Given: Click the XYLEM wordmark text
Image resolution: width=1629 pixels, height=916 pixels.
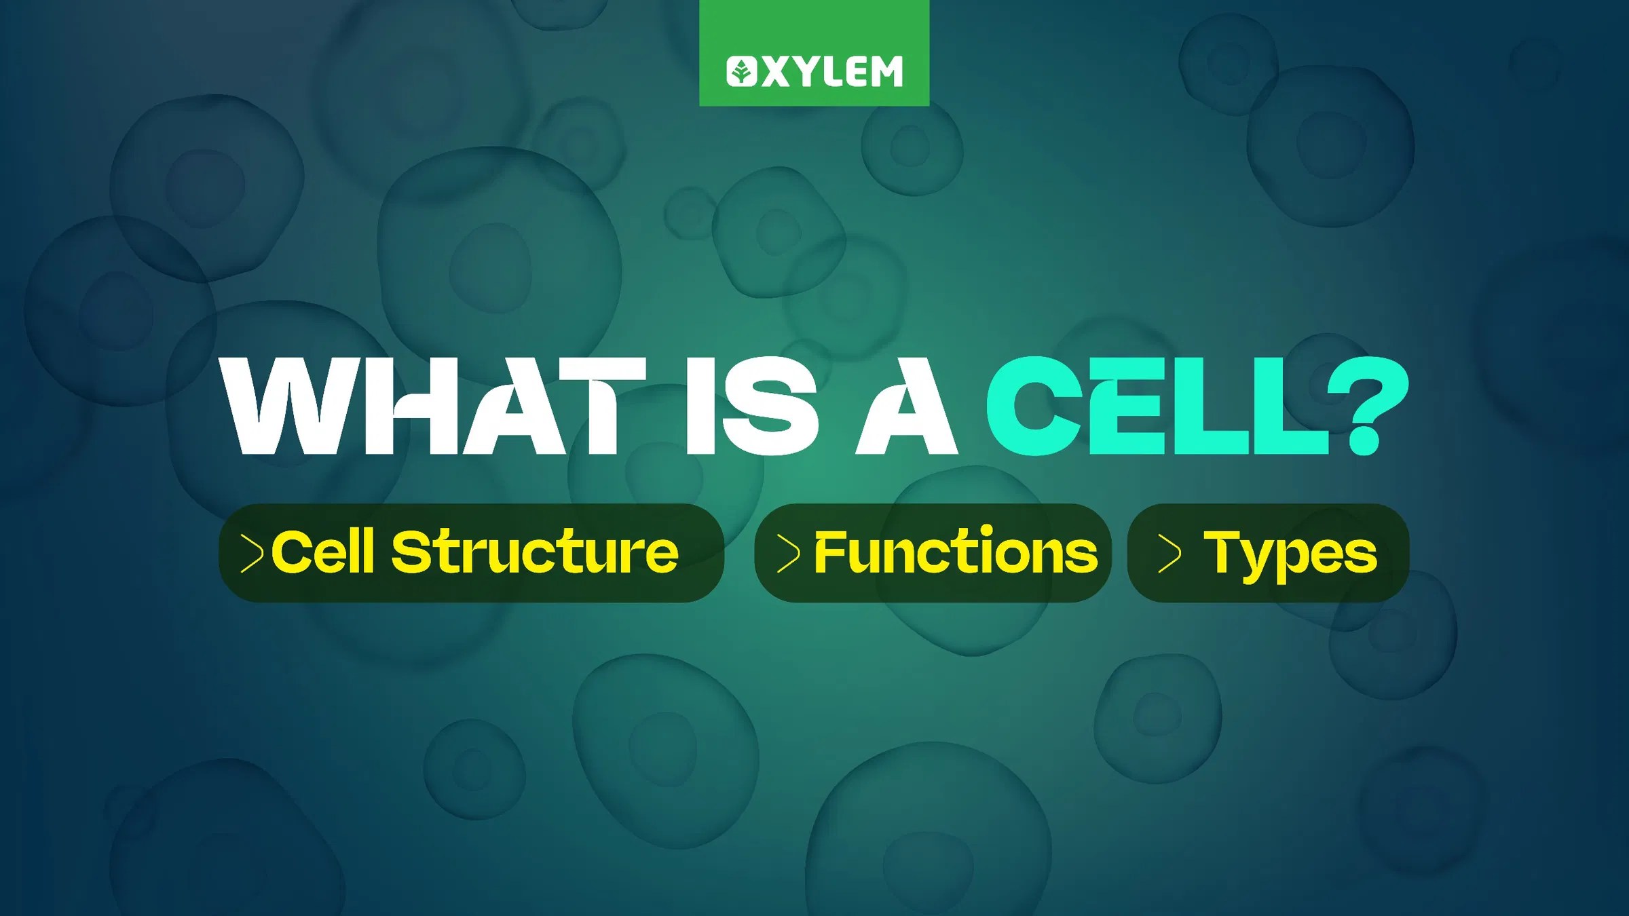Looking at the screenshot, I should [x=832, y=71].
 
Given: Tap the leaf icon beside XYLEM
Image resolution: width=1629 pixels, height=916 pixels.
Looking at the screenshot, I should [x=741, y=71].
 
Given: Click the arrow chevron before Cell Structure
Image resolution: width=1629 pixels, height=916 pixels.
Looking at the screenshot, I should [x=252, y=553].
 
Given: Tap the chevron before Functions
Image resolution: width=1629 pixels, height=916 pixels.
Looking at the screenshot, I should [x=788, y=553].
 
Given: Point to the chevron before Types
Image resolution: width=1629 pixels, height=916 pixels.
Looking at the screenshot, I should [x=1169, y=553].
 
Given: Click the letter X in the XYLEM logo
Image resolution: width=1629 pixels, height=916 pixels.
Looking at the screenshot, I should [x=776, y=71].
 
